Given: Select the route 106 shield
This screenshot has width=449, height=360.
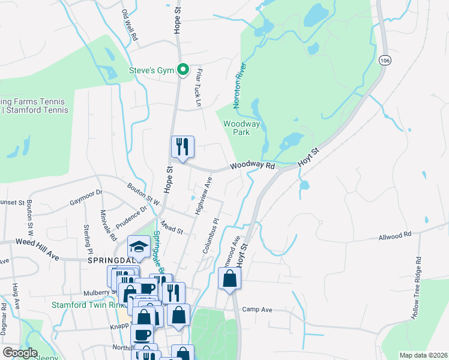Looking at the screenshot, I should pyautogui.click(x=385, y=60).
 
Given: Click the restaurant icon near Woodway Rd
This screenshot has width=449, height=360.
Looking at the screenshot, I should pyautogui.click(x=182, y=146).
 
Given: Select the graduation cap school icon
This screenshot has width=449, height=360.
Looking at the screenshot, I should pyautogui.click(x=139, y=247).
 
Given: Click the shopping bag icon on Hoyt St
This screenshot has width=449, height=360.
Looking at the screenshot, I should pyautogui.click(x=229, y=278).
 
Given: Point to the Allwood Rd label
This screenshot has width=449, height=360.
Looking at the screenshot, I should pyautogui.click(x=395, y=236).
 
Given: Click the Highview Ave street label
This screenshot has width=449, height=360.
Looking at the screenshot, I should pyautogui.click(x=203, y=196).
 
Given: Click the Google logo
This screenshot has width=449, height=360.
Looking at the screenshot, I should pyautogui.click(x=20, y=353).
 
